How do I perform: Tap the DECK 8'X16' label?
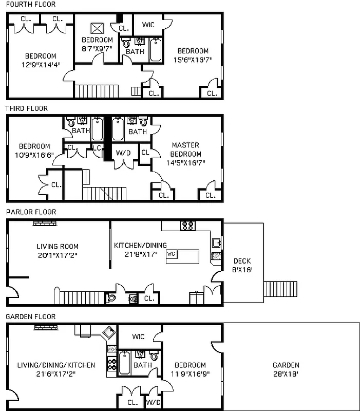pos(242,265)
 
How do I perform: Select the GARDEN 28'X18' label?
pos(286,369)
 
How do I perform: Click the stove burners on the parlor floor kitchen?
pos(186,226)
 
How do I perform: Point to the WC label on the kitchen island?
pos(172,254)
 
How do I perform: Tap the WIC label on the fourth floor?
pos(148,24)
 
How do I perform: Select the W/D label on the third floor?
pos(123,153)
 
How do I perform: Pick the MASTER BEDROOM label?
pos(186,150)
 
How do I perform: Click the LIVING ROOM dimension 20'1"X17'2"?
pos(58,255)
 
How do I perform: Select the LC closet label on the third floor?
pos(97,148)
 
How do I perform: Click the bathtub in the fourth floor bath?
pos(156,50)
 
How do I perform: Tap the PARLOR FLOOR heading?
pos(30,212)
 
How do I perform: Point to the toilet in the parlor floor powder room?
pos(111,297)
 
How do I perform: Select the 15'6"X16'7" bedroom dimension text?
pos(193,60)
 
